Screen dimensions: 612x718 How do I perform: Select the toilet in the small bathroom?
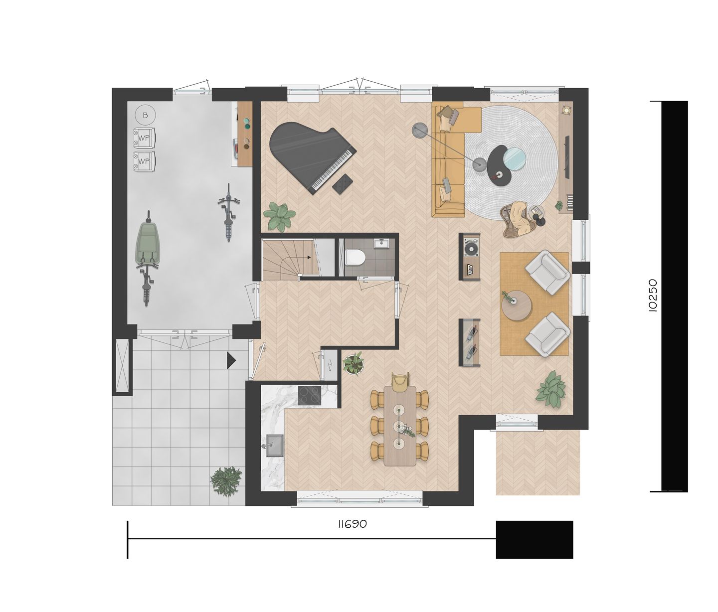tap(355, 258)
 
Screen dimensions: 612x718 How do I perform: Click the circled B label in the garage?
tap(145, 116)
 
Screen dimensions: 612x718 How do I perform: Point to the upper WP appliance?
tap(144, 138)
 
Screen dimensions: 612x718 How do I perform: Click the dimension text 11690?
tap(352, 524)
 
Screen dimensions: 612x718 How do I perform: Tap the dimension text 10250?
tap(653, 296)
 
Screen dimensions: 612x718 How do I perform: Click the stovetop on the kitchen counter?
tap(310, 395)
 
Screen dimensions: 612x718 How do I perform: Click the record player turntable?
tap(470, 247)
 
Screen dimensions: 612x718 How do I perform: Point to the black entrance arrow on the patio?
tap(231, 360)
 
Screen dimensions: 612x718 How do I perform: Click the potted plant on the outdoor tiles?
tap(226, 480)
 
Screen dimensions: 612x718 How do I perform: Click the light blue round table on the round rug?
tap(515, 158)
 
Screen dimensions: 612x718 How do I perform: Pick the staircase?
tap(285, 257)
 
